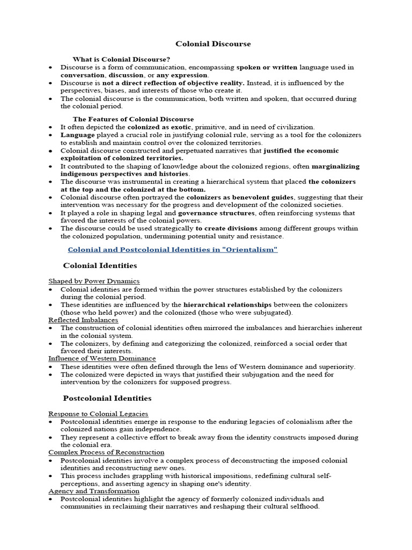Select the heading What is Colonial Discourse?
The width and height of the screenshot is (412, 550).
coord(122,59)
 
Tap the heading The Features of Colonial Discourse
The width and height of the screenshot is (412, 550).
coord(134,119)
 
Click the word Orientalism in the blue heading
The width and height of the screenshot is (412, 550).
coord(250,250)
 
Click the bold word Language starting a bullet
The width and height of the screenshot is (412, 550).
coord(77,135)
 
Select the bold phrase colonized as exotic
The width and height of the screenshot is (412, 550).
coord(156,127)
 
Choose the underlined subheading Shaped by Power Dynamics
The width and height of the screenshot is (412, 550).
coord(94,281)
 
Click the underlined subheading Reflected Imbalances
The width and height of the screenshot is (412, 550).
coord(83,320)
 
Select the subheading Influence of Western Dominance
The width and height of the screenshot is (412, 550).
coord(102,358)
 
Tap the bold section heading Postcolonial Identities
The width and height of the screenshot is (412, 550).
coord(107,398)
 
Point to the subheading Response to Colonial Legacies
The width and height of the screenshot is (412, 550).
coord(98,414)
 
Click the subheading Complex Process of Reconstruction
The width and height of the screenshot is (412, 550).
coord(106,452)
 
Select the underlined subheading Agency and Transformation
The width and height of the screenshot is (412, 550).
coord(94,491)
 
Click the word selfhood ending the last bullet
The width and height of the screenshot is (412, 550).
coord(303,506)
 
